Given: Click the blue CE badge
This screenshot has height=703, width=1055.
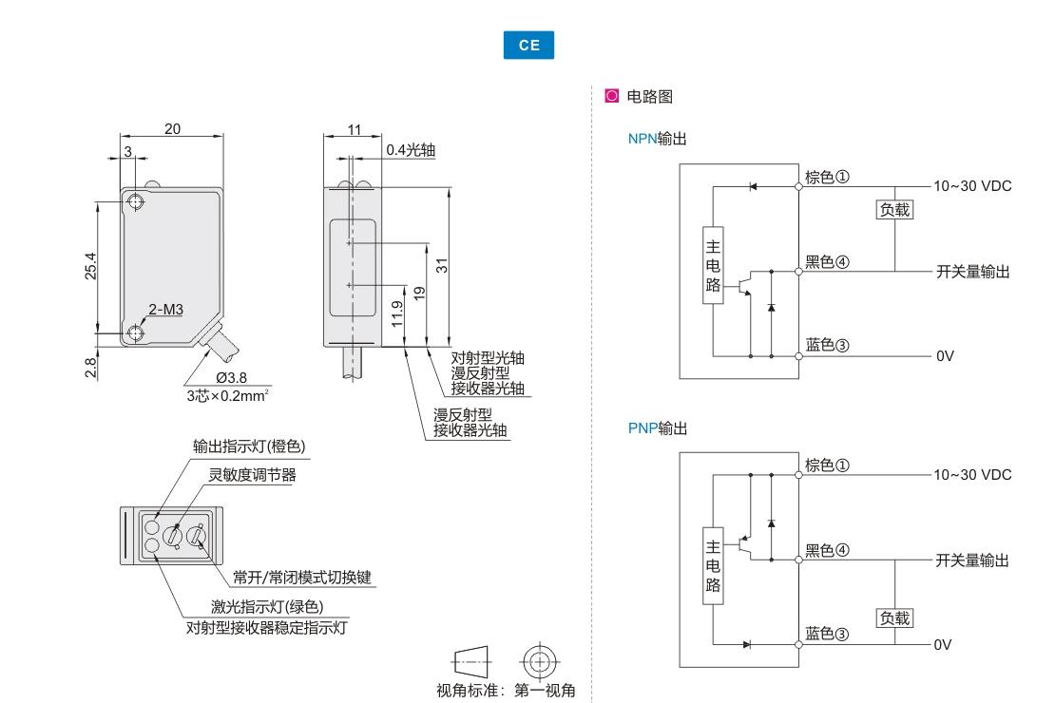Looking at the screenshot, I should (528, 46).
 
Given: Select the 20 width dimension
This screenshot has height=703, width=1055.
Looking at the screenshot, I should (172, 130).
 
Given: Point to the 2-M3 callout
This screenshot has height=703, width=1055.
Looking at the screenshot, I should (165, 310).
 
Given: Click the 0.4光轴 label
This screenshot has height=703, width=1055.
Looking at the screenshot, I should (411, 150).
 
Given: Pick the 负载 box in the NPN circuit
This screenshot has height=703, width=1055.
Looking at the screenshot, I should (894, 210).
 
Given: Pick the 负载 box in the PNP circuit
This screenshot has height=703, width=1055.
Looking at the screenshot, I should (894, 618).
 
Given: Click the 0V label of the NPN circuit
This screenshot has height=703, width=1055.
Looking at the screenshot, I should (944, 356).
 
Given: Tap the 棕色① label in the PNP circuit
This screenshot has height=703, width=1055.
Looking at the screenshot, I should (826, 465).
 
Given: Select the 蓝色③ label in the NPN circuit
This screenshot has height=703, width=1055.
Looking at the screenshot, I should (826, 346).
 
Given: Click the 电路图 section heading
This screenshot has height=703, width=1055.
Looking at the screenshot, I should (650, 97).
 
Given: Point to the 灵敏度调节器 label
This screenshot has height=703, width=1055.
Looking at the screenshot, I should (253, 475).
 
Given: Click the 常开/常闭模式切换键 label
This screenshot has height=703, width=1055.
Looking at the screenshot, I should (302, 578).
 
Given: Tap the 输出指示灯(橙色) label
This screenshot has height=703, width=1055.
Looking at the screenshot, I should (250, 446).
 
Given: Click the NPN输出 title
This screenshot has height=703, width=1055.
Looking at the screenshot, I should (657, 139).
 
